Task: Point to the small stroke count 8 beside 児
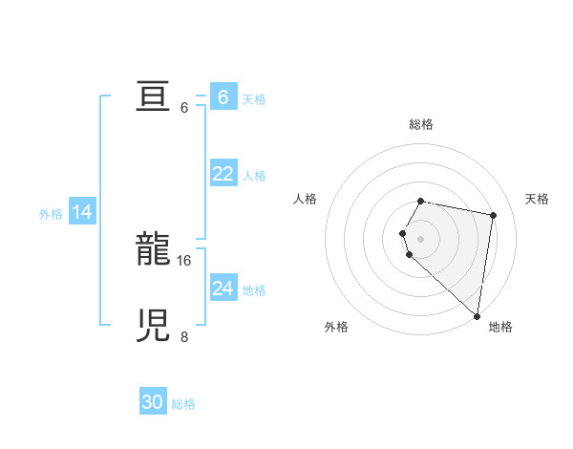pos(184,337)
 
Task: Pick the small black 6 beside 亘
pos(184,108)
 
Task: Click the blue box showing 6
pos(223,97)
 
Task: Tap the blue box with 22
pos(223,174)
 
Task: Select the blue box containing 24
pos(223,289)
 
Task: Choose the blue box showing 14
pos(82,212)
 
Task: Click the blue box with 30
pos(153,403)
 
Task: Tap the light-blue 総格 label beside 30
pos(183,404)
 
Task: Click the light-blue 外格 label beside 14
pos(51,214)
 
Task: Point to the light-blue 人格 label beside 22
pos(254,176)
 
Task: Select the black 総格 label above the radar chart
pos(421,124)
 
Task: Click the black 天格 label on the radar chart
pos(537,199)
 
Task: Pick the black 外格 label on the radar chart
pos(336,327)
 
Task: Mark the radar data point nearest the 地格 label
pos(477,316)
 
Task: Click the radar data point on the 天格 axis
pos(493,215)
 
